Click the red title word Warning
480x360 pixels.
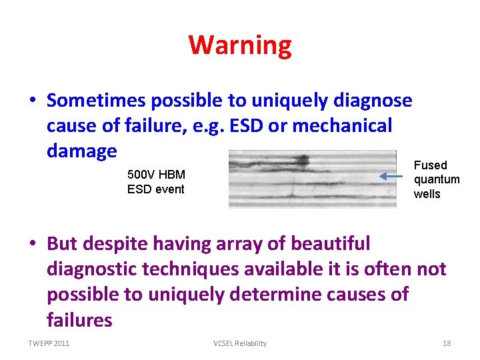(240, 45)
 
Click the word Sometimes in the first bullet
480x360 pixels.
(97, 101)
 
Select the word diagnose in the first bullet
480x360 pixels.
(371, 101)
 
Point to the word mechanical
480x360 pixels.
(349, 126)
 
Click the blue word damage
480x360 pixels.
(82, 151)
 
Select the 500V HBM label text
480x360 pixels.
(156, 175)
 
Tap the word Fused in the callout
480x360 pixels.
(430, 165)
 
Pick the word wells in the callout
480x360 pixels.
(427, 193)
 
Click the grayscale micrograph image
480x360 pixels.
(302, 179)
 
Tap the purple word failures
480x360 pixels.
(79, 319)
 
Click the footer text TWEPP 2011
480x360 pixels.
(49, 343)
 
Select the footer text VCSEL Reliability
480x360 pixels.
(240, 343)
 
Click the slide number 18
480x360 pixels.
(447, 343)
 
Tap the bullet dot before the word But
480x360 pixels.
(32, 244)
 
